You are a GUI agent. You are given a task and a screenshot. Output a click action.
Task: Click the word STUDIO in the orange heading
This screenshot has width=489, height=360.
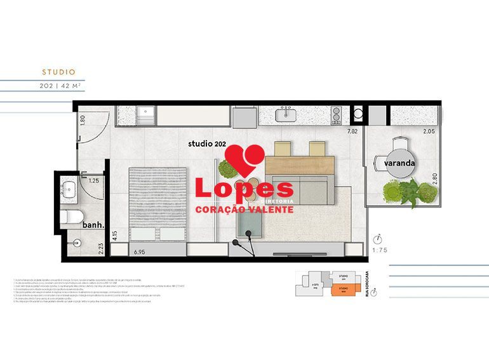point(58,72)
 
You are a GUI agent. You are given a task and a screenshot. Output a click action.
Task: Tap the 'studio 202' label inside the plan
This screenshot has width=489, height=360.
point(207,144)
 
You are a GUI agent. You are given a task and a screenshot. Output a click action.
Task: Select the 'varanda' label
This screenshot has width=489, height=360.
point(399,163)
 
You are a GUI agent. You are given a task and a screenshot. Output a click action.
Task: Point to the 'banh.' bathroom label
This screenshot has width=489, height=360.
point(92,224)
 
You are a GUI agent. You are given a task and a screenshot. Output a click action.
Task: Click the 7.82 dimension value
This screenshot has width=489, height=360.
point(352,131)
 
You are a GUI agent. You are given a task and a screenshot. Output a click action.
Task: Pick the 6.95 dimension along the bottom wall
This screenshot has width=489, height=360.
point(142,252)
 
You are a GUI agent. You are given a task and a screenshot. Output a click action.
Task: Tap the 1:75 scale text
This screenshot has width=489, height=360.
point(379,250)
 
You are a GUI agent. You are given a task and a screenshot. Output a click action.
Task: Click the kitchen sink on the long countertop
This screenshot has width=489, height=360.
point(285,116)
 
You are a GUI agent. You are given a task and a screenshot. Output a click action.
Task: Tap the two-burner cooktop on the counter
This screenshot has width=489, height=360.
point(337,116)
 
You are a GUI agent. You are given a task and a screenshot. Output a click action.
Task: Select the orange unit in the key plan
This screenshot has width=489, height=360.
point(342,290)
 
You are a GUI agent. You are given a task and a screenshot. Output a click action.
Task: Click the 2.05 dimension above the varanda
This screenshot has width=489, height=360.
point(429,131)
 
